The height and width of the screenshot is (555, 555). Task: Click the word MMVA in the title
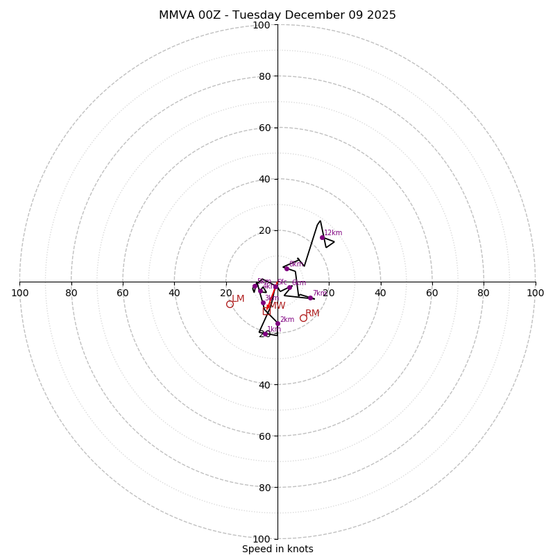(174, 15)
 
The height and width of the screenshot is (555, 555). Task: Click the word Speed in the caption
(257, 549)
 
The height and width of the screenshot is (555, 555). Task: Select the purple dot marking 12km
(322, 237)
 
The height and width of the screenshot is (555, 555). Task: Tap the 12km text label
(333, 233)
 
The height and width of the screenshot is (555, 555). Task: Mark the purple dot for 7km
(310, 298)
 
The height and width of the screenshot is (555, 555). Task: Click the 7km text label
(319, 293)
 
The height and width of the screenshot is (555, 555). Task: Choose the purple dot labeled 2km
(277, 323)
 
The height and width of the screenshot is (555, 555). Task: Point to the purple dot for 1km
(266, 334)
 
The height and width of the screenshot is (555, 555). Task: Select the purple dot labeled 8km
(286, 268)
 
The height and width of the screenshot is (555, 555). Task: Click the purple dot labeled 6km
(289, 287)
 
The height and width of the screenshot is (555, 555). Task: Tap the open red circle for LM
(230, 304)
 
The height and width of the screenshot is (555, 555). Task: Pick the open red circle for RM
(303, 318)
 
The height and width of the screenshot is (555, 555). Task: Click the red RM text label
(312, 314)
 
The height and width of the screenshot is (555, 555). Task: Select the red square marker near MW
(266, 311)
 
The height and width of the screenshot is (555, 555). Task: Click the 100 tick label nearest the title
(261, 25)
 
